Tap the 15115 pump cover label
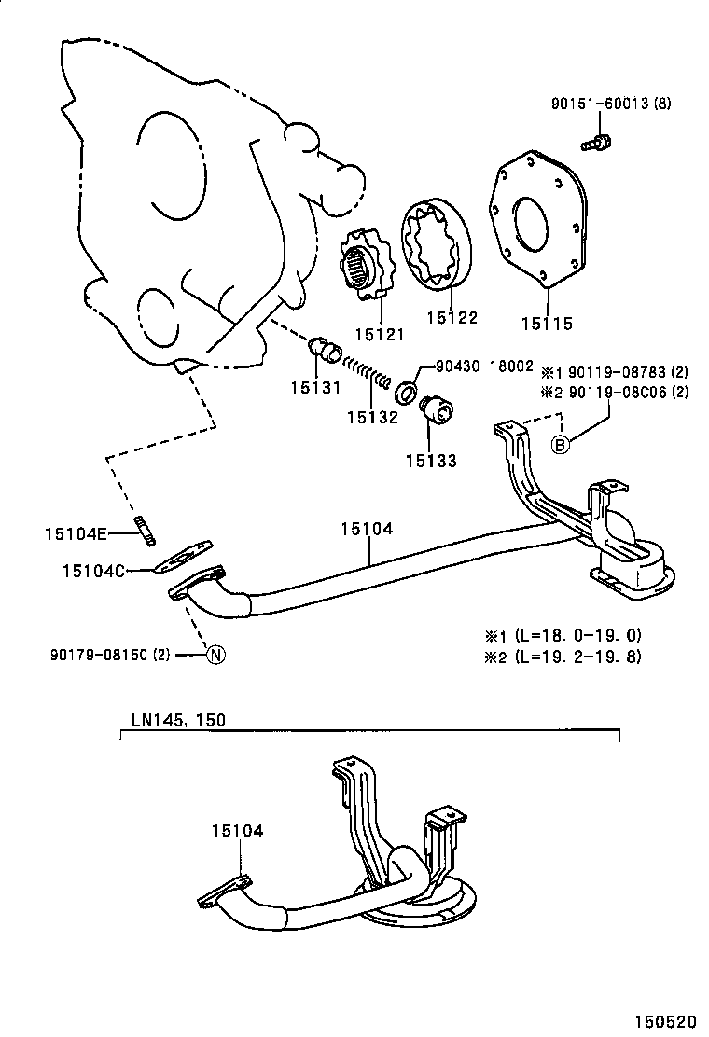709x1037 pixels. (548, 325)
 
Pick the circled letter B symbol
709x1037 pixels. (560, 445)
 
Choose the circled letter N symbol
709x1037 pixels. (215, 655)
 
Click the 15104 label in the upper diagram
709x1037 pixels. (366, 529)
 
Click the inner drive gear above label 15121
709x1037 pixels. (365, 267)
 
